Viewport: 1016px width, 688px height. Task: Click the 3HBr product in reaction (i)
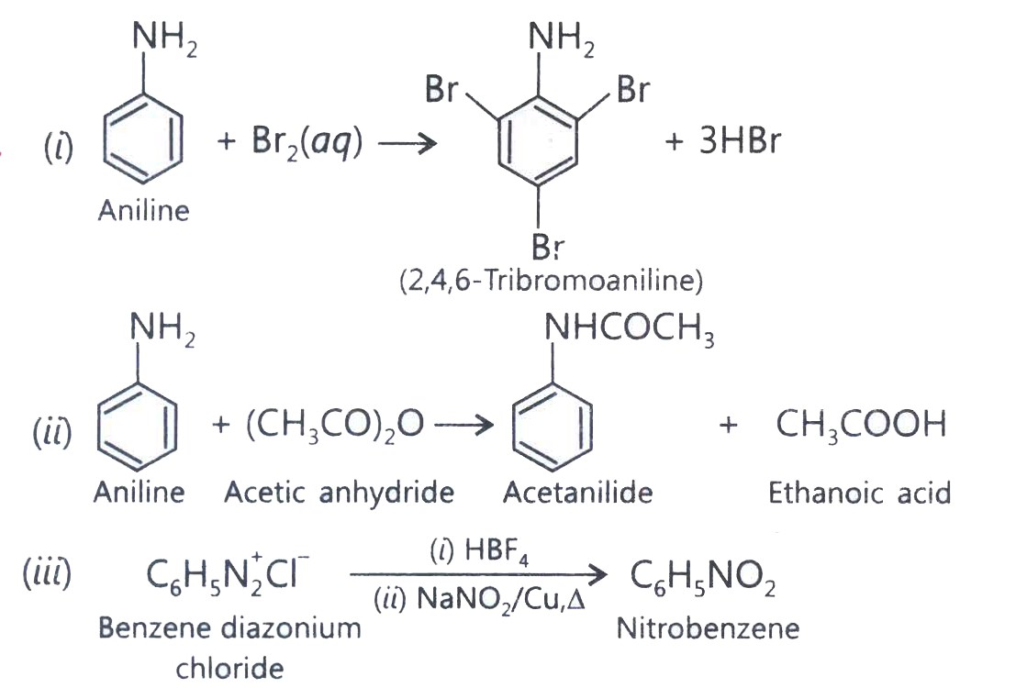coord(740,140)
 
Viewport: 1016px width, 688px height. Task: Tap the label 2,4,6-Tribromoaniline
coord(552,281)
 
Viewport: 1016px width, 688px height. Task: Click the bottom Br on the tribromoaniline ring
coord(548,246)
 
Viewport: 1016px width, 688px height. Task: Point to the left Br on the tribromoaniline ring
coord(441,89)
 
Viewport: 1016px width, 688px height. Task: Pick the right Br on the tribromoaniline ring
coord(633,89)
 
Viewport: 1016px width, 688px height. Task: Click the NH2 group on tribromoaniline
coord(561,38)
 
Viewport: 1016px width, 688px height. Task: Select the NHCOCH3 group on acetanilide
coord(630,328)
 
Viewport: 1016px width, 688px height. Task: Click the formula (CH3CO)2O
coord(336,427)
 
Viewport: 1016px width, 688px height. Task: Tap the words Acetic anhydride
coord(339,493)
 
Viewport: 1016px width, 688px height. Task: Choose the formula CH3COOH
coord(861,425)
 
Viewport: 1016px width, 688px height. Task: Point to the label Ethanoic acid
coord(860,493)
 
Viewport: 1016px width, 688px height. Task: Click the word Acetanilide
coord(578,493)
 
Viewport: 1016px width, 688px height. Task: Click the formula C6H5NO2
coord(703,577)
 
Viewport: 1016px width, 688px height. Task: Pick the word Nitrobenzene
coord(708,628)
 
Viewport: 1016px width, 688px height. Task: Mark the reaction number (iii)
coord(47,573)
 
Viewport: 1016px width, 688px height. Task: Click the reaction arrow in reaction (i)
coord(408,143)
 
